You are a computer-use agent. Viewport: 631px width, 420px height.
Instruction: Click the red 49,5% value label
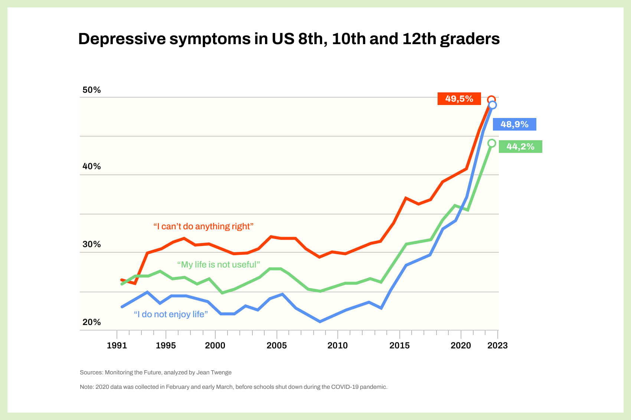click(459, 99)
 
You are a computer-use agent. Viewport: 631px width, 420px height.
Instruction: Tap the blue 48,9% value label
click(514, 124)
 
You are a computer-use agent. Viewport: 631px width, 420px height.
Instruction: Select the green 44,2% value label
click(520, 147)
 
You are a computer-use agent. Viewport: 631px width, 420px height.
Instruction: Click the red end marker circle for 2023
click(491, 100)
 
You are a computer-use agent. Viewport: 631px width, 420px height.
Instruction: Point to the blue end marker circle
click(493, 105)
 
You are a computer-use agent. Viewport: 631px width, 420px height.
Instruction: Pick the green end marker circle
click(491, 143)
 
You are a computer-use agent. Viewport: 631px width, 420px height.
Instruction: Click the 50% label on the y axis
click(92, 90)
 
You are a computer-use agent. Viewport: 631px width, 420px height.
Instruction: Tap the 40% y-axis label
click(92, 166)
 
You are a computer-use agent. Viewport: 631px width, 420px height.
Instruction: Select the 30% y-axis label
click(92, 244)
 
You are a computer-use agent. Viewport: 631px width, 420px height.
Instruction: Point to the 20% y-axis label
click(92, 322)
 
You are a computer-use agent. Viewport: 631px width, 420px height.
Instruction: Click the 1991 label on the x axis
click(117, 346)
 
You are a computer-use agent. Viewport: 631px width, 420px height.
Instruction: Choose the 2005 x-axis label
click(277, 346)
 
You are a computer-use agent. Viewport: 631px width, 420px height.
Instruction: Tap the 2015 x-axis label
click(399, 346)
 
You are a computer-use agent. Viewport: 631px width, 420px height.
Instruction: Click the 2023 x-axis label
click(497, 346)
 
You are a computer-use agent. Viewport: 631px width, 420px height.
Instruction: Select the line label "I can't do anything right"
click(203, 226)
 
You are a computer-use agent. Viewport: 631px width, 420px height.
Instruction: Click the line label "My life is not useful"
click(218, 265)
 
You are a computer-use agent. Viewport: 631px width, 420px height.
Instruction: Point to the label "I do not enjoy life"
click(171, 314)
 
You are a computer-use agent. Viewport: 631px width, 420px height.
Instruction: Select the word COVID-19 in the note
click(344, 387)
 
